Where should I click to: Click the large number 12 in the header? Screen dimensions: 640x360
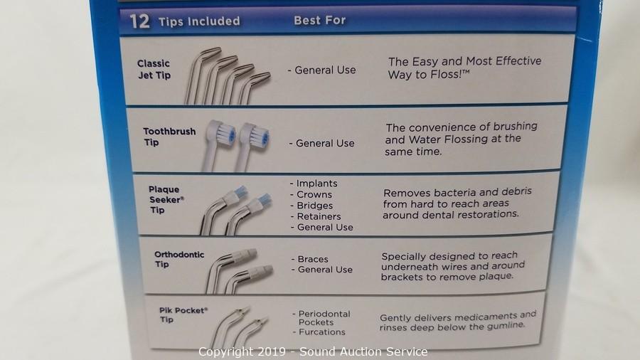click(x=139, y=21)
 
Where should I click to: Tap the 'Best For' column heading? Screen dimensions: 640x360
click(x=319, y=21)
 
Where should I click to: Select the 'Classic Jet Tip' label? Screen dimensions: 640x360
click(x=154, y=70)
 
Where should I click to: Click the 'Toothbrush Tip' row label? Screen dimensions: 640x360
click(x=169, y=137)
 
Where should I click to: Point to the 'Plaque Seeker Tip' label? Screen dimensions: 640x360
click(x=166, y=200)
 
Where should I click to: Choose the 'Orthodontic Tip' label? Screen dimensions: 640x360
click(x=178, y=259)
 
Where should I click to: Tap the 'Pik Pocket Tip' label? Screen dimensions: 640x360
click(x=183, y=314)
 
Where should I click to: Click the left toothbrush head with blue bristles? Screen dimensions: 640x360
click(x=223, y=134)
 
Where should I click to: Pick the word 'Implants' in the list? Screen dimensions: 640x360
click(x=316, y=184)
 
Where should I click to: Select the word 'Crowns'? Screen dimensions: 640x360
click(x=314, y=195)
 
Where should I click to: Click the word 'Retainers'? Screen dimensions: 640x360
click(x=319, y=216)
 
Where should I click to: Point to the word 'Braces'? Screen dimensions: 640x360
click(x=313, y=259)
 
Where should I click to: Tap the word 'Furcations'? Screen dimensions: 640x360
click(x=322, y=332)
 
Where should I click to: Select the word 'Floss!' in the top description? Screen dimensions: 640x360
click(x=445, y=75)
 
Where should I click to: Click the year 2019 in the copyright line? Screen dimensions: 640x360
click(x=271, y=351)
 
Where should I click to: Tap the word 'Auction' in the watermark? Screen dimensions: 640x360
click(x=351, y=351)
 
